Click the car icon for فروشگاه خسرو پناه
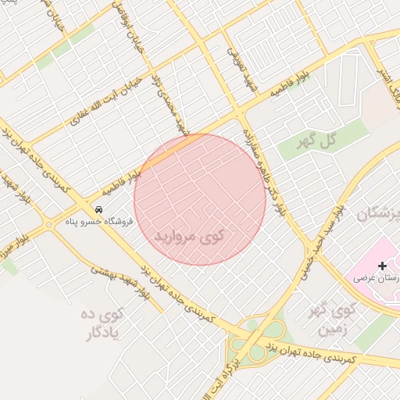[x=99, y=210]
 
